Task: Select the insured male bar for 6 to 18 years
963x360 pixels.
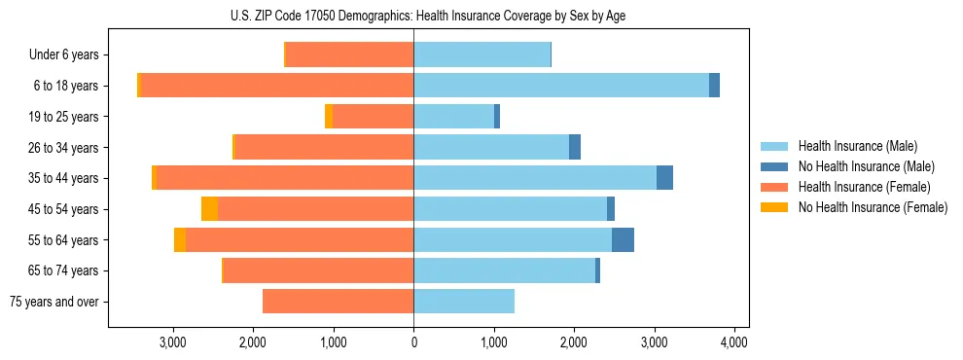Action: (x=561, y=86)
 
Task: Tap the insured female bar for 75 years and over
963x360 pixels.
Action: (x=338, y=302)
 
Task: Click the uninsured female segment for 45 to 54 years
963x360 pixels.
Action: (x=209, y=209)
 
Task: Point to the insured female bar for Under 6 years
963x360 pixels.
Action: (x=349, y=55)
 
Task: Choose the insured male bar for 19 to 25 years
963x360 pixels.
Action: (x=453, y=117)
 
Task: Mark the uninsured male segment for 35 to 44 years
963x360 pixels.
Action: (x=664, y=178)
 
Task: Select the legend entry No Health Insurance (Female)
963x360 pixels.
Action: (x=873, y=207)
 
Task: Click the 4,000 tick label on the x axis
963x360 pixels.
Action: (x=733, y=342)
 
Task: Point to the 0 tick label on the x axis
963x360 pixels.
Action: (x=413, y=342)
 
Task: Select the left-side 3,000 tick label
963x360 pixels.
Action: (x=173, y=342)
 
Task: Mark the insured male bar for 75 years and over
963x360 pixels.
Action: (x=464, y=302)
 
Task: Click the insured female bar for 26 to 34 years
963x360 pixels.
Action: (x=324, y=148)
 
